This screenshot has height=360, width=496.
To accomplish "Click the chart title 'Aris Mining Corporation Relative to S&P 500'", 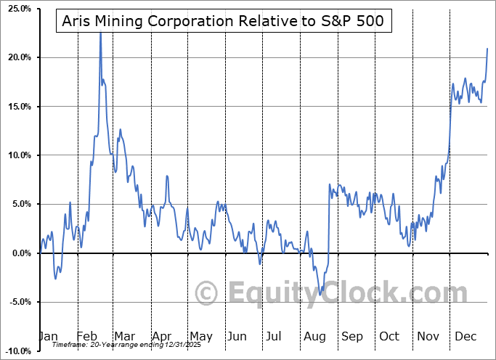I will pyautogui.click(x=224, y=22).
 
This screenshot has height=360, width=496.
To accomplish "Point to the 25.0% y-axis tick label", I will pyautogui.click(x=17, y=9).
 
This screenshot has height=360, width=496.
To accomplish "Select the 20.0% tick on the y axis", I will pyautogui.click(x=17, y=57).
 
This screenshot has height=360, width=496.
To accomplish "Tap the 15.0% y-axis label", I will pyautogui.click(x=17, y=107).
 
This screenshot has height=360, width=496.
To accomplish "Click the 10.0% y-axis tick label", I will pyautogui.click(x=17, y=155).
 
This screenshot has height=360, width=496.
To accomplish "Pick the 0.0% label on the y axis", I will pyautogui.click(x=20, y=253).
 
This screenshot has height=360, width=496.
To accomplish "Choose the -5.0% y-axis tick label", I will pyautogui.click(x=18, y=302).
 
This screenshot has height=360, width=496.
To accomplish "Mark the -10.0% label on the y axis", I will pyautogui.click(x=17, y=351).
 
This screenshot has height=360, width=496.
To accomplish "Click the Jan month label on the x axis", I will pyautogui.click(x=47, y=337).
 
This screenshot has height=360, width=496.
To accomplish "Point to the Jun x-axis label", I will pyautogui.click(x=237, y=337).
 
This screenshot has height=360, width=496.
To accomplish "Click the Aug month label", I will pyautogui.click(x=314, y=337).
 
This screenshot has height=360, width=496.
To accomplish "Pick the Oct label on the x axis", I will pyautogui.click(x=390, y=337).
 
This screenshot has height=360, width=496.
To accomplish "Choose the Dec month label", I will pyautogui.click(x=466, y=337).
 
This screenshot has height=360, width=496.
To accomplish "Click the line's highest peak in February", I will pyautogui.click(x=100, y=33).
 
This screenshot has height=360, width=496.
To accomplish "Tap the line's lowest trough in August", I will pyautogui.click(x=320, y=295).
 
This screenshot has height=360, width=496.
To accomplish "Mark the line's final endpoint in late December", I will pyautogui.click(x=487, y=49).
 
